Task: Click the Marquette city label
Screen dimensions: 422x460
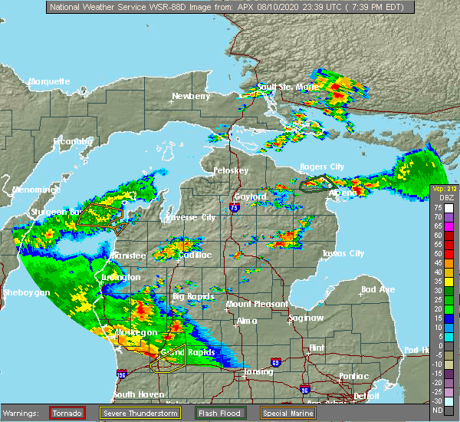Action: point(49,81)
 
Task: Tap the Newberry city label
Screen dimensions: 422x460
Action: point(191,97)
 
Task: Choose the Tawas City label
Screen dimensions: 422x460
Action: point(342,253)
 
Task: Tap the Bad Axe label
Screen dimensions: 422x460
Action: point(377,290)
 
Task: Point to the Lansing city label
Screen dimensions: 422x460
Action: point(258,372)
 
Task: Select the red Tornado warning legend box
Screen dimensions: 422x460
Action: point(67,413)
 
